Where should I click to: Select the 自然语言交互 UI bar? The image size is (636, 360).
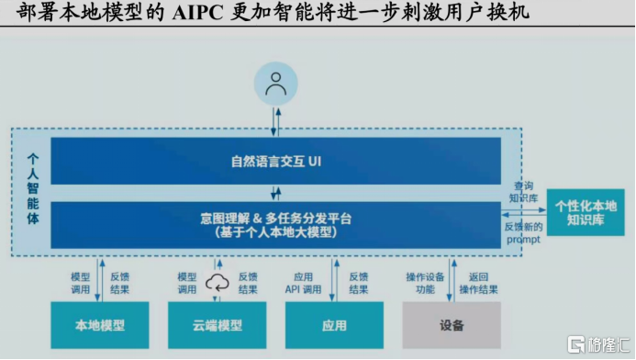pyautogui.click(x=275, y=161)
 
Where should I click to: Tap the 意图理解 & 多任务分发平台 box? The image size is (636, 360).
pyautogui.click(x=275, y=225)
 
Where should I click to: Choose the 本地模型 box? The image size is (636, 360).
pyautogui.click(x=100, y=325)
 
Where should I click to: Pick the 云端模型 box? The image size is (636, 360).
pyautogui.click(x=218, y=325)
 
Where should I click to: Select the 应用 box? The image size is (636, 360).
pyautogui.click(x=335, y=325)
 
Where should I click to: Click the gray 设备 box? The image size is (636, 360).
pyautogui.click(x=452, y=325)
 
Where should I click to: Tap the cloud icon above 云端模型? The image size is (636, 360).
pyautogui.click(x=218, y=282)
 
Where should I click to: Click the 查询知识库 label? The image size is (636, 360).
pyautogui.click(x=524, y=191)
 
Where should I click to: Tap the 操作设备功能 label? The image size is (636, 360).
pyautogui.click(x=425, y=283)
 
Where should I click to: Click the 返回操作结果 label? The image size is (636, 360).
pyautogui.click(x=478, y=283)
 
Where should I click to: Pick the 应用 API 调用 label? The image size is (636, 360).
pyautogui.click(x=307, y=283)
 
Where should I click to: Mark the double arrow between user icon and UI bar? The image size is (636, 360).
pyautogui.click(x=275, y=119)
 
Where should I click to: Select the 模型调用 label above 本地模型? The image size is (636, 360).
pyautogui.click(x=81, y=283)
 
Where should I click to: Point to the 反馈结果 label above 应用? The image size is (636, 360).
pyautogui.click(x=358, y=283)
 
